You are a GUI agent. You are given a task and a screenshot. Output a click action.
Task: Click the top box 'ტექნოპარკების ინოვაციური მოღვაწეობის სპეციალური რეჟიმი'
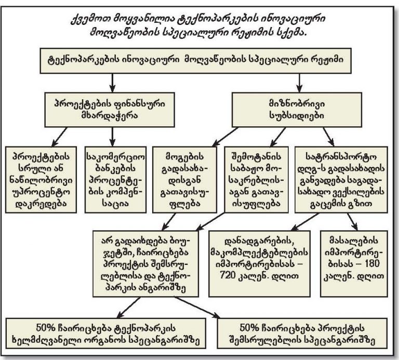pos(195,61)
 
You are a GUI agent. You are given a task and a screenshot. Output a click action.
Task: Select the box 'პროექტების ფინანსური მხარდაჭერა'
pos(110,110)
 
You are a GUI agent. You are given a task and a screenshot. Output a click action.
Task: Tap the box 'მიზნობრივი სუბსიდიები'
pos(297,110)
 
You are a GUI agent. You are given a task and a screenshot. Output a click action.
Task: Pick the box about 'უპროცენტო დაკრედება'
pos(41,180)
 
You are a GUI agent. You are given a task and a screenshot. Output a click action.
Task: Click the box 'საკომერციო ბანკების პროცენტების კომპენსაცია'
pos(115,180)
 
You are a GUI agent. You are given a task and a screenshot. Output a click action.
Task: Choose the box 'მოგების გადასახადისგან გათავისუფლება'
pos(185,180)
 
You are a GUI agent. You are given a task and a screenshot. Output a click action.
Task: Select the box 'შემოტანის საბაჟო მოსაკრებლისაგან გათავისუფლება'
pos(257,180)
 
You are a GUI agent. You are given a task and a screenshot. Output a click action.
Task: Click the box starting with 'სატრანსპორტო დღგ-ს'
pos(341,180)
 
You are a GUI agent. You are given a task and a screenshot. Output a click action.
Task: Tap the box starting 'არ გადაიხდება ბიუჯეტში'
pos(145,264)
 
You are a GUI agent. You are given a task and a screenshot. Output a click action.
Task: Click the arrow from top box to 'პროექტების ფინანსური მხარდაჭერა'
pos(113,83)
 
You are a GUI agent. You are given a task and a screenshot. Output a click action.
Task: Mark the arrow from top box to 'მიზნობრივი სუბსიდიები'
pos(299,83)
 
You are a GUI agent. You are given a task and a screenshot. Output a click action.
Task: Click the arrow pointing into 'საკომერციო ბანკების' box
pos(113,137)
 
